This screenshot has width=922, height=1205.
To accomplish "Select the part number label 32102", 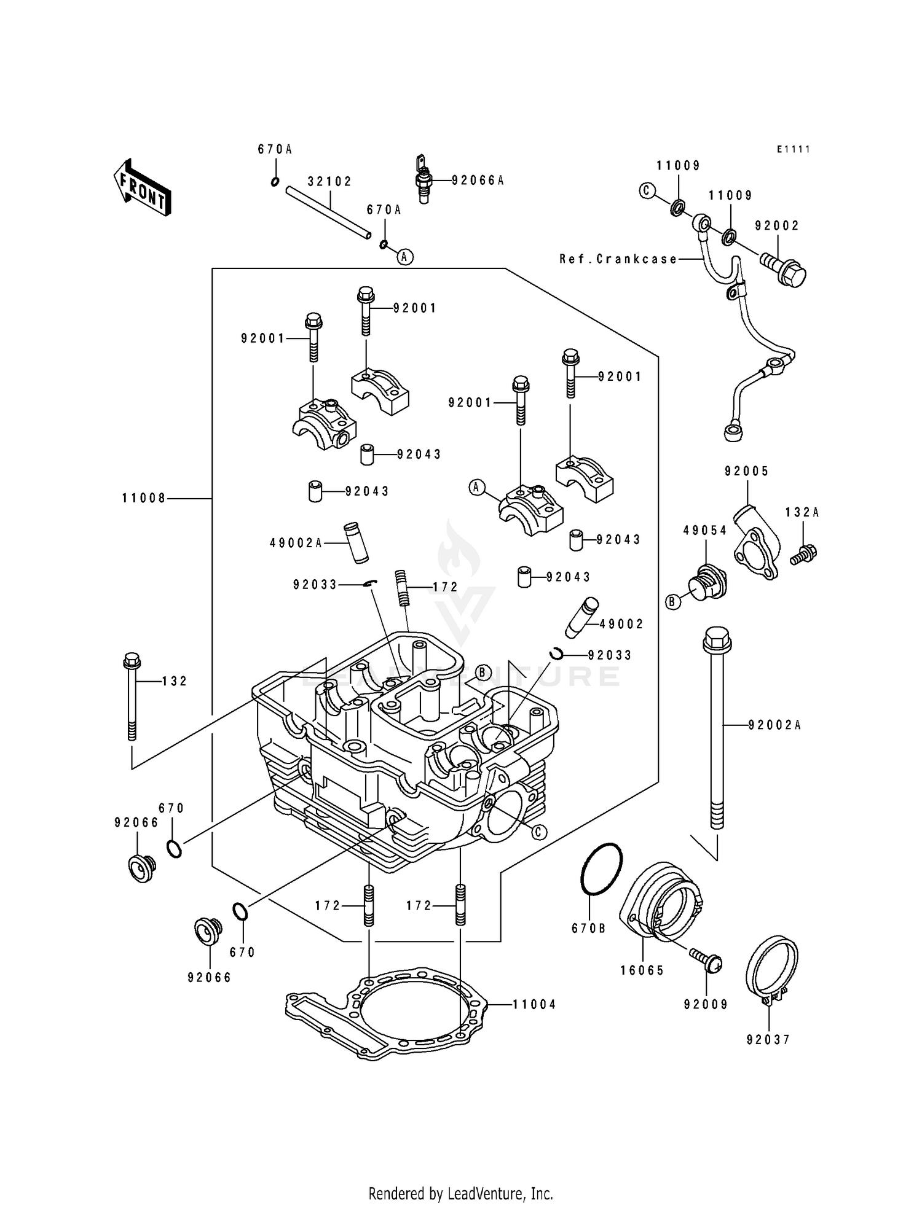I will pos(329,182).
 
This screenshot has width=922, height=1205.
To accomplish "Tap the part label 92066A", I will pos(478,181).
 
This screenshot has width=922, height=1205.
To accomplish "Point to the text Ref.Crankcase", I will pos(618,259).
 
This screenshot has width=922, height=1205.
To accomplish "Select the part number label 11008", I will pos(144,499).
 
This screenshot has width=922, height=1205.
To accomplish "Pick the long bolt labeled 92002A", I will pos(717,731).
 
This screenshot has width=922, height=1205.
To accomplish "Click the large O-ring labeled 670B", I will pos(601,870).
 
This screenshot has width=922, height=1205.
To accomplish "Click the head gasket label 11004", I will pos(534,1005).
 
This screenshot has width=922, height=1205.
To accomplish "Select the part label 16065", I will pos(642,970).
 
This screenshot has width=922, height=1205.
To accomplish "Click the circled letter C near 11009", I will pos(646,191).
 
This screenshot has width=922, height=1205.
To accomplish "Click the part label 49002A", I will pos(296,543).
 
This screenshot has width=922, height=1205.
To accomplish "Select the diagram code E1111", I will pos(793,149).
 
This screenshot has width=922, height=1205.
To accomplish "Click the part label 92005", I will pos(746,471).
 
